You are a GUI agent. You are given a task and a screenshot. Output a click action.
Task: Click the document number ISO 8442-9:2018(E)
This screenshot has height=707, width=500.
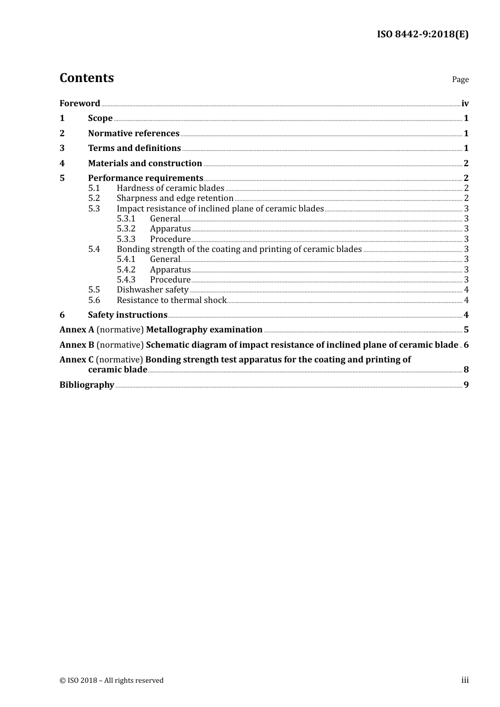[422, 35]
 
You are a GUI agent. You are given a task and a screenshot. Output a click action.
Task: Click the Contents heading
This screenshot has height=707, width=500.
[86, 78]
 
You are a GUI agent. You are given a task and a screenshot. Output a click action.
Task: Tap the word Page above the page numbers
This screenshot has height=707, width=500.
[460, 79]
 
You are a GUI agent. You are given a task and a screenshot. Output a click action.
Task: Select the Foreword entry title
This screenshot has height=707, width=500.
[79, 103]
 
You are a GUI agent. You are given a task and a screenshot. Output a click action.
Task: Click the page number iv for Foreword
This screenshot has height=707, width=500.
[465, 104]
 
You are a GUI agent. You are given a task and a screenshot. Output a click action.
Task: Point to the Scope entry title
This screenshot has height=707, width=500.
[100, 118]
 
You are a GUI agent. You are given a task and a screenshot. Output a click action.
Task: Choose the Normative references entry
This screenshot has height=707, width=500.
[134, 134]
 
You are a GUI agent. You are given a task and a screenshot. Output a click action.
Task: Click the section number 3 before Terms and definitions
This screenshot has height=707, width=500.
[62, 148]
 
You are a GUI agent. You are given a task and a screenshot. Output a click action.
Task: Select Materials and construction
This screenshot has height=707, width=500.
[145, 164]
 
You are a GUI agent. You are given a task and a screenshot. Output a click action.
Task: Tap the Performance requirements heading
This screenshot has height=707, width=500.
[145, 178]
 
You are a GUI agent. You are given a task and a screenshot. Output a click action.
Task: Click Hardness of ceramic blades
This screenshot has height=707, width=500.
[170, 188]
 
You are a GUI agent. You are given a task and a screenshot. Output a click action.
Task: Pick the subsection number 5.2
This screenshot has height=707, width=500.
[94, 198]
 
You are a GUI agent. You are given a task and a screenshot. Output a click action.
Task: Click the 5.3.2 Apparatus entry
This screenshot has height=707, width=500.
[170, 229]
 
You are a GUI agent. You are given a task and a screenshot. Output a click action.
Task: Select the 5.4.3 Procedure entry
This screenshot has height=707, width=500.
[170, 280]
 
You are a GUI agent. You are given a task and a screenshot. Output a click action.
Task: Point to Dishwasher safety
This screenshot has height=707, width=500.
[152, 290]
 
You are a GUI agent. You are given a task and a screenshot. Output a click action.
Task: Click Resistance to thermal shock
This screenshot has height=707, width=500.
[171, 300]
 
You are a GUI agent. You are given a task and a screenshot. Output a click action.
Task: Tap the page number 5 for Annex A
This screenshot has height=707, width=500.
[466, 330]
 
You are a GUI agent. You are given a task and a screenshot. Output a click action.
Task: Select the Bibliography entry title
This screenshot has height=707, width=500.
[87, 385]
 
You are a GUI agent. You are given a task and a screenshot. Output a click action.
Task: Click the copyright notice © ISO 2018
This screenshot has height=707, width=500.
[112, 681]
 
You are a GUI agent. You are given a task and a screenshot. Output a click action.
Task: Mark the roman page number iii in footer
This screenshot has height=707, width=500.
[465, 680]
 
